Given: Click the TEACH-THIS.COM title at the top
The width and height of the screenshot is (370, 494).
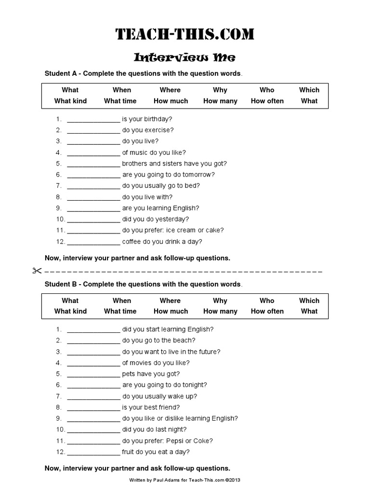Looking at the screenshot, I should coord(185,35).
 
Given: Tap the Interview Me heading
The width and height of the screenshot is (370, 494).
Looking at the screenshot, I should coord(185,58).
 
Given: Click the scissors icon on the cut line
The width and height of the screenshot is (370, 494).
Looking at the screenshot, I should coord(38,271).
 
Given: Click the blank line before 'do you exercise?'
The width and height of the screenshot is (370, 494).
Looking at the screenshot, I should coord(93,130).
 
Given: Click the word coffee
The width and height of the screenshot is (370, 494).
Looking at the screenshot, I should coord(132,242).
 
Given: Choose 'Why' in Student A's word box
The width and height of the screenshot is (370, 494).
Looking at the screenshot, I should coord(220,90).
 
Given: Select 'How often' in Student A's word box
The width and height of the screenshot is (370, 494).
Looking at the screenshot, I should coord(267,101).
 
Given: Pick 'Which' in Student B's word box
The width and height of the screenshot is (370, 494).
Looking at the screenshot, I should coord(309,301).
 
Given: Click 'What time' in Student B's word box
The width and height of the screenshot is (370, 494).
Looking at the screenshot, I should coord(120,312).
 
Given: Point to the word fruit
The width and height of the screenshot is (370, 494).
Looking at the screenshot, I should coord(129,452).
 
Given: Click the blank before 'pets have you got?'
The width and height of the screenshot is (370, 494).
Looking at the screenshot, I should coord(93,374).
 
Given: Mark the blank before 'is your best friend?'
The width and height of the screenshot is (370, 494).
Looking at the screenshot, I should coord(93,408).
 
